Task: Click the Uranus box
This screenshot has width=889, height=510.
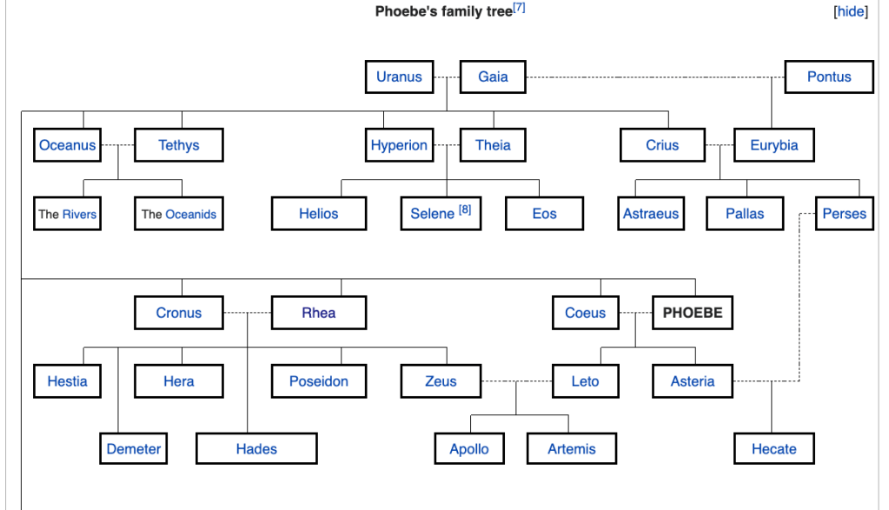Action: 399,76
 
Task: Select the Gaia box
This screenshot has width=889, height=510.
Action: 493,76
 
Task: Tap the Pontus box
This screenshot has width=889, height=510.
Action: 829,76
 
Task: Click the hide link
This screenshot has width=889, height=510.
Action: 850,12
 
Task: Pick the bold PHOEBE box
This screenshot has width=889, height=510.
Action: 693,313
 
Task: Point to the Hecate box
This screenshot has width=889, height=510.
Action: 773,449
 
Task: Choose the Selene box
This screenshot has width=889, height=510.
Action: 433,214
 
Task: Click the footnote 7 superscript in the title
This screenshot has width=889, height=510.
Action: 519,8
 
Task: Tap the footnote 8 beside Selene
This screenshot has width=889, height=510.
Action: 465,210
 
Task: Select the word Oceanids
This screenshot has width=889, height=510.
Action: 190,214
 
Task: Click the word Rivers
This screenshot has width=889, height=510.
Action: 79,214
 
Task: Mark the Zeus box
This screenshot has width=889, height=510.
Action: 441,381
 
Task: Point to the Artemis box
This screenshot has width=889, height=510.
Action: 572,449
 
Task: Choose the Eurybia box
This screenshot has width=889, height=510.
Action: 773,145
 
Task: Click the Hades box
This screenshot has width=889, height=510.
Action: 256,449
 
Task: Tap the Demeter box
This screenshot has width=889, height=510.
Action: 134,449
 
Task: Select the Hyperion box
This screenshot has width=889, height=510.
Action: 399,145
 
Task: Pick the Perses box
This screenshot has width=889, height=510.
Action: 844,214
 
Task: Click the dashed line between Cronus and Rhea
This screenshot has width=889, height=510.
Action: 236,313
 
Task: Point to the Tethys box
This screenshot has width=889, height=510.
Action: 179,145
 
